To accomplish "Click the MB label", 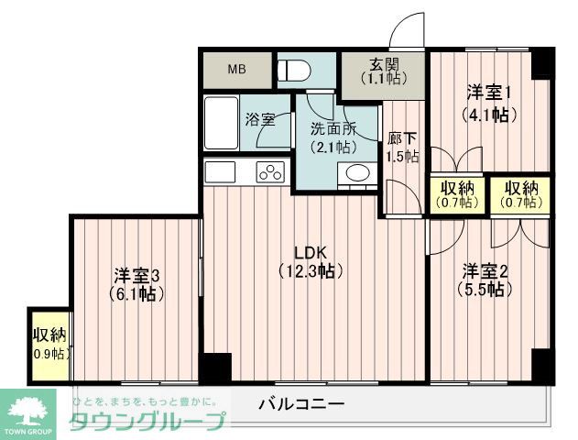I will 236,70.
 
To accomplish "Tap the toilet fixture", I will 296,70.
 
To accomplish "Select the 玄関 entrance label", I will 384,64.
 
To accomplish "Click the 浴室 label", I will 259,119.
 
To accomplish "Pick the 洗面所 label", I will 332,129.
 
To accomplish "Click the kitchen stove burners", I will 271,171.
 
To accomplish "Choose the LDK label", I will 311,253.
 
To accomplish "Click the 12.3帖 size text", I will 311,271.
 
